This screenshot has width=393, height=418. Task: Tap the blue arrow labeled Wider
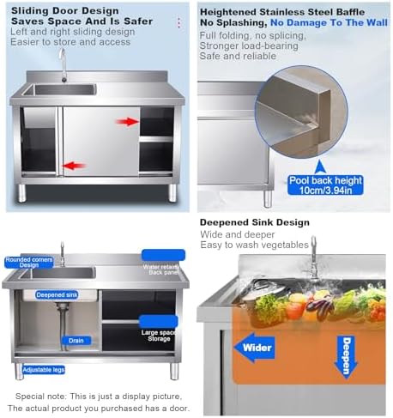(257, 348)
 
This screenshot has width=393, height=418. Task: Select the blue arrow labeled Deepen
(344, 354)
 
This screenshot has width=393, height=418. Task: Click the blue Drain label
(76, 340)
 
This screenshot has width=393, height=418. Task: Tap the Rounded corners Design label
(28, 262)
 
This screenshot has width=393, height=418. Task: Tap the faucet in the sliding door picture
(62, 61)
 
